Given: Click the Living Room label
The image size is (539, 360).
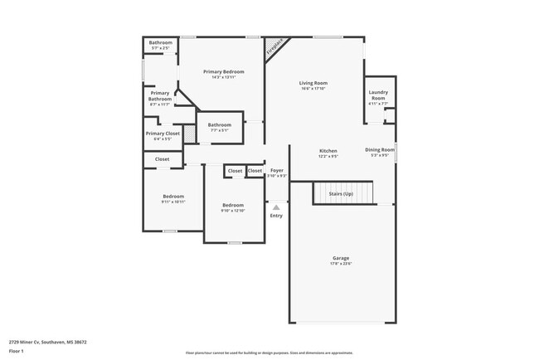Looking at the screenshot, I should pos(313,83).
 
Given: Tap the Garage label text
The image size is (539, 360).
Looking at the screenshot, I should pos(341,259).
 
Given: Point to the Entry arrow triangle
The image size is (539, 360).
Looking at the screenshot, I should pos(276,207).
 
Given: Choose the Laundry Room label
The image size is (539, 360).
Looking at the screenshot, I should pos(378,95).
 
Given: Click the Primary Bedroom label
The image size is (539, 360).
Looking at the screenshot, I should pos(224,72).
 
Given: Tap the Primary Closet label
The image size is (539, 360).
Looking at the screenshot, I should pos(163,133).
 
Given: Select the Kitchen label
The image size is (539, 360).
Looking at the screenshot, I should pos(328,151).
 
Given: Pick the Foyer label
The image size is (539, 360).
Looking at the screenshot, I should pos(277,170).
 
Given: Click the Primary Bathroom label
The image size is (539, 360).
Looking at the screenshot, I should pos(159,96).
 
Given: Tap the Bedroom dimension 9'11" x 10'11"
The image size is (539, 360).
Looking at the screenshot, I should pos(173,202).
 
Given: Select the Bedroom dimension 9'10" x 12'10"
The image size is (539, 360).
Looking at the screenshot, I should pos(233,211).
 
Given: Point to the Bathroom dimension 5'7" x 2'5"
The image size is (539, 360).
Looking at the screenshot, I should pos(160,49).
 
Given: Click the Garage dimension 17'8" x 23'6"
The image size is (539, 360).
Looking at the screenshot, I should pos(341,265).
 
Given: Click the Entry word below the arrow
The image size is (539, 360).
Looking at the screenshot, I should pos(276,216).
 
